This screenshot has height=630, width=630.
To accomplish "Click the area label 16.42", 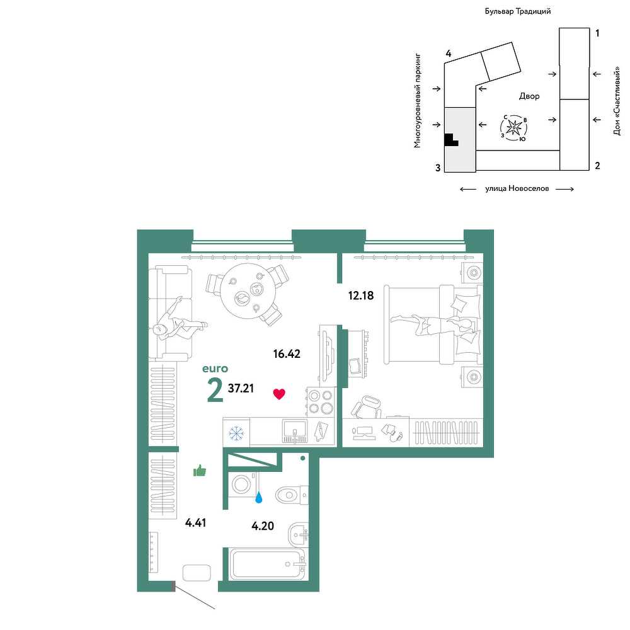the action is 287,353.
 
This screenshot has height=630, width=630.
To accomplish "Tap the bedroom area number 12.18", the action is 361,295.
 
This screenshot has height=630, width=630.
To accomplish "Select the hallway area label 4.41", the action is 196,523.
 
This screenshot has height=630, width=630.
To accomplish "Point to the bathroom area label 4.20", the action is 263,525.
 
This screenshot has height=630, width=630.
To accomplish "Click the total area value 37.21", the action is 241,388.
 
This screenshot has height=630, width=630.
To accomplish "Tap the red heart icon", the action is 279,394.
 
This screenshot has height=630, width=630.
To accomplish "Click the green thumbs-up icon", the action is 200,471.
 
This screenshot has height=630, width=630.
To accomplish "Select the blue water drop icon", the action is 259,498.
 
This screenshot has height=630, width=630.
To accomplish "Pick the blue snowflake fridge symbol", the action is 236,433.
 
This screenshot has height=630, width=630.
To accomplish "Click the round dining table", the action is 248,291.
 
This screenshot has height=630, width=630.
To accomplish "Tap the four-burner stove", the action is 320,401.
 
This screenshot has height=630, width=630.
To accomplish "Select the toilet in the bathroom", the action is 292,495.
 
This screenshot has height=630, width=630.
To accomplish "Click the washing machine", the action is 243,484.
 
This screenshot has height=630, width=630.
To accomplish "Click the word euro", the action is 215,369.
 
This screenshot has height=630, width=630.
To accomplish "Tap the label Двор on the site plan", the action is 529,96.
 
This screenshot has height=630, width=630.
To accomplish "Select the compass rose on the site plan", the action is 514,128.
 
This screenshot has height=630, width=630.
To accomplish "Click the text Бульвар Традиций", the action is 517,11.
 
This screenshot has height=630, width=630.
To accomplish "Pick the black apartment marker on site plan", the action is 451,140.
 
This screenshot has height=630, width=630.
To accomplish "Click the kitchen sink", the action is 295,431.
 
